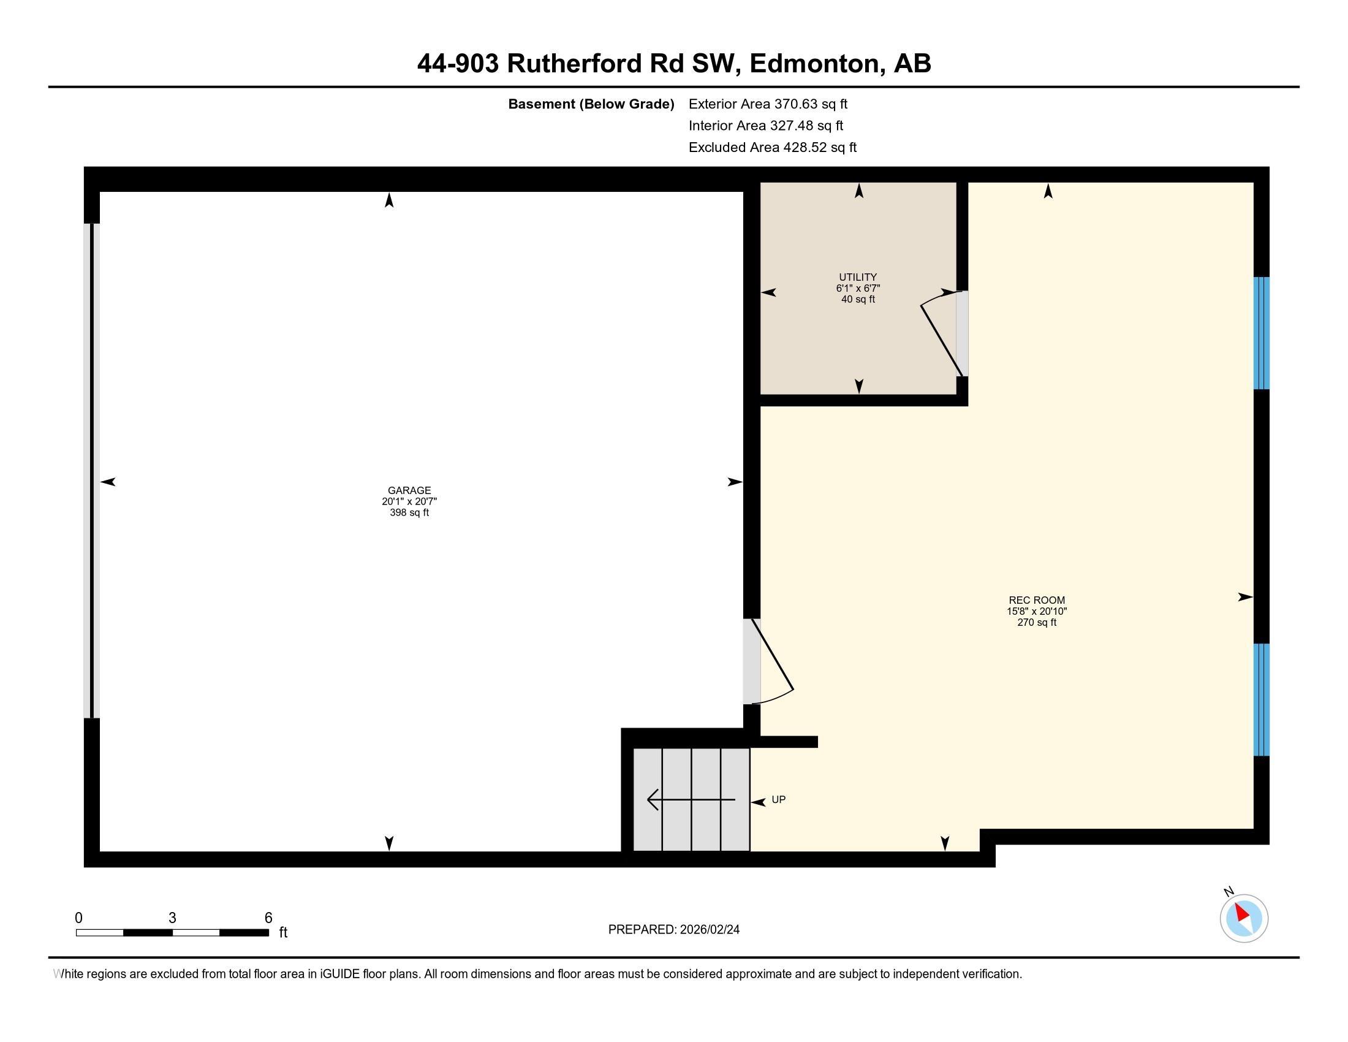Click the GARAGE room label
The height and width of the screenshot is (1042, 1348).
click(409, 491)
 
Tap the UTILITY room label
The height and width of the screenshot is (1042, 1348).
click(857, 277)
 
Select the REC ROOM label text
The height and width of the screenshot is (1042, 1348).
click(1036, 600)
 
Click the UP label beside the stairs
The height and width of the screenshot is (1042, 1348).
click(778, 800)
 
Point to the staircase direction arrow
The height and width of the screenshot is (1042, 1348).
click(690, 800)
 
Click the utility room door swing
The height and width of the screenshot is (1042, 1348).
click(941, 333)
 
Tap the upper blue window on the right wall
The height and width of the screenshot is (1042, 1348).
click(1261, 333)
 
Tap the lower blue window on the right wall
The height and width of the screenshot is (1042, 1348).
click(1261, 699)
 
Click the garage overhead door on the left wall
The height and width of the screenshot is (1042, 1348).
click(91, 470)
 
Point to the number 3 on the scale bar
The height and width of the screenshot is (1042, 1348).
click(172, 918)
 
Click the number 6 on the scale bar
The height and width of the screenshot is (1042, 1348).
click(268, 918)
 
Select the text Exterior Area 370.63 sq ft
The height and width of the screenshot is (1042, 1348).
click(768, 104)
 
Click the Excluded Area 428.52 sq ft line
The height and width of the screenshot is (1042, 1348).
click(772, 148)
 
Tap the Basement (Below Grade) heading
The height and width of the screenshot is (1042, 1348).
click(591, 104)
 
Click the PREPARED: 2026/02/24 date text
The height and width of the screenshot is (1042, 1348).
click(673, 930)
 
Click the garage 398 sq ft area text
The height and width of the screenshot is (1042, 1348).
click(409, 513)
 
